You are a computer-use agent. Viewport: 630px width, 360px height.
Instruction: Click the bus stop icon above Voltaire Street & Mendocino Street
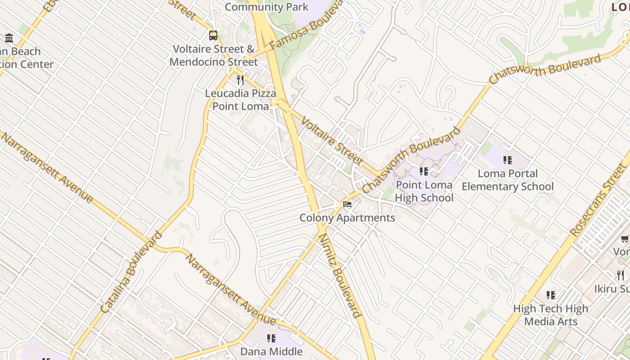pyautogui.click(x=213, y=35)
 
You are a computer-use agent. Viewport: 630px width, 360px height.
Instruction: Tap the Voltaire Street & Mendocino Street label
pyautogui.click(x=214, y=55)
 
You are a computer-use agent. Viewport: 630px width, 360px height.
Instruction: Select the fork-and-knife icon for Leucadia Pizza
pyautogui.click(x=240, y=80)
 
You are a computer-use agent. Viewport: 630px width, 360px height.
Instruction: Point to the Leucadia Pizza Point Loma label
pyautogui.click(x=240, y=100)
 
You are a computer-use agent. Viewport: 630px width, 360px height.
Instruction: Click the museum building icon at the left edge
pyautogui.click(x=9, y=38)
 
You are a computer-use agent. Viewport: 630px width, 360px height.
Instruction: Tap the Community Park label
pyautogui.click(x=266, y=7)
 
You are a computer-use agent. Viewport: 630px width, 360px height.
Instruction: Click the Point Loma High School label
pyautogui.click(x=424, y=191)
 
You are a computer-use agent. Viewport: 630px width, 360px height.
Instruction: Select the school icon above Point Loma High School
pyautogui.click(x=423, y=171)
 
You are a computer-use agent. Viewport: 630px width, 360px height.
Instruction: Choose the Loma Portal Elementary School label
pyautogui.click(x=508, y=180)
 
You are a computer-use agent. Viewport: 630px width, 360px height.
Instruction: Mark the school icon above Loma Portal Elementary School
pyautogui.click(x=508, y=160)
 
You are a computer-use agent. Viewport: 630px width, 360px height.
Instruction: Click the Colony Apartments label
pyautogui.click(x=347, y=218)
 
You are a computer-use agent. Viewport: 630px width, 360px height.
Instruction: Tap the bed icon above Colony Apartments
pyautogui.click(x=347, y=204)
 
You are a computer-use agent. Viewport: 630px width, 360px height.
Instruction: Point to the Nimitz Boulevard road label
pyautogui.click(x=340, y=275)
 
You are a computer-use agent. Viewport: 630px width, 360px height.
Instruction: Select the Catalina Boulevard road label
pyautogui.click(x=131, y=272)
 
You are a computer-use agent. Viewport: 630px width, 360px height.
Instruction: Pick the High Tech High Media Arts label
pyautogui.click(x=551, y=315)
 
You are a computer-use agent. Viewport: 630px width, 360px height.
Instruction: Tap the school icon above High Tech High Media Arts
pyautogui.click(x=551, y=295)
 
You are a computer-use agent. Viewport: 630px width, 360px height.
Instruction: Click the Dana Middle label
pyautogui.click(x=271, y=351)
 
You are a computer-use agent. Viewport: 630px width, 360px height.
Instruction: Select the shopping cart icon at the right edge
pyautogui.click(x=625, y=238)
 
